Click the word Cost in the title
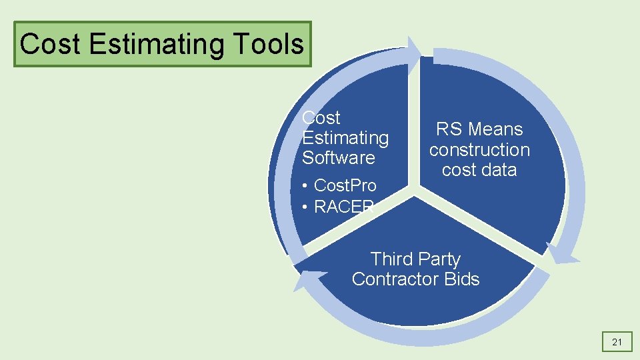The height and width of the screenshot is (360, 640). click(x=51, y=45)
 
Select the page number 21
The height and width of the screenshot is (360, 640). click(x=617, y=343)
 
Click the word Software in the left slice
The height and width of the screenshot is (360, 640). click(x=339, y=158)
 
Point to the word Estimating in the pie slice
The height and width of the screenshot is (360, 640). click(x=345, y=138)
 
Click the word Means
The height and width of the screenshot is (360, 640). click(x=495, y=129)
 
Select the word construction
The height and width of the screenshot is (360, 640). click(x=479, y=150)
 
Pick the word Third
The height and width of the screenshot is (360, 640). click(x=391, y=259)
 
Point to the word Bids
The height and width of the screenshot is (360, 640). click(x=459, y=279)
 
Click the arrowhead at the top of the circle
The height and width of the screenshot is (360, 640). click(x=413, y=51)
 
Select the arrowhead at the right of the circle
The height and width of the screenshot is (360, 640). click(x=559, y=255)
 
